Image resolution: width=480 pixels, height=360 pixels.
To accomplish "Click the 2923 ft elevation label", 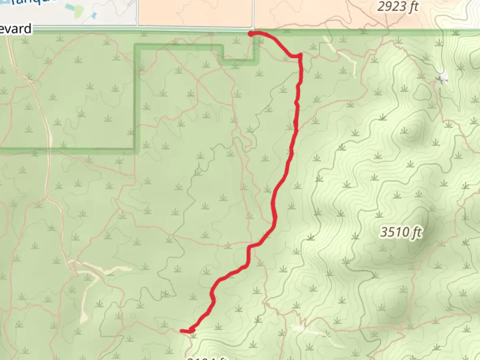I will click(x=398, y=6).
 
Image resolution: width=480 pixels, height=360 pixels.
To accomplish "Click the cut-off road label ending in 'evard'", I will click(x=16, y=29).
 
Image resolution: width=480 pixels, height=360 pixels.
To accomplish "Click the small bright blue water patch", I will click(x=94, y=15).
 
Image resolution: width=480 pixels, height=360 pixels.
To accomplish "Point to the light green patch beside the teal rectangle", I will click(x=79, y=11).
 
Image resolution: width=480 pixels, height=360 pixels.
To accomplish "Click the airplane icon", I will click(x=442, y=79).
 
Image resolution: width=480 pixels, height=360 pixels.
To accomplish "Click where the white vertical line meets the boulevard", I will click(x=253, y=29).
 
